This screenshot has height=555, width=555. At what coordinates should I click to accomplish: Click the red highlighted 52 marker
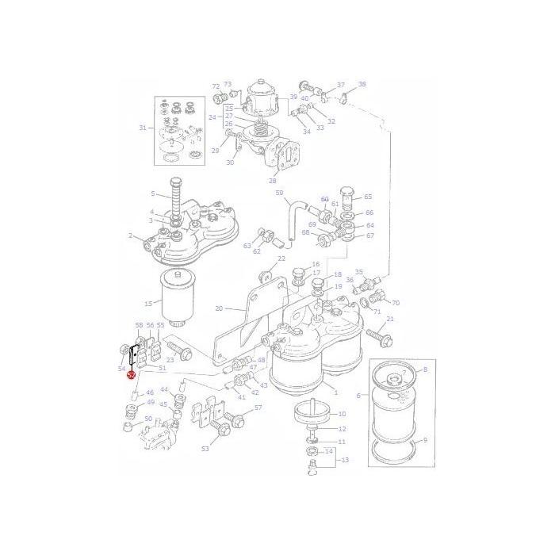click(131, 376)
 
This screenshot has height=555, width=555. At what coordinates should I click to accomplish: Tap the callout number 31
click(143, 128)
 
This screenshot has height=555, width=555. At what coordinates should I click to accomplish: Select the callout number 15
click(147, 303)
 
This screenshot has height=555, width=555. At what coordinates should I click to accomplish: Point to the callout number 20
click(219, 308)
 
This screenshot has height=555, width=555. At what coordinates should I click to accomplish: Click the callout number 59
click(278, 192)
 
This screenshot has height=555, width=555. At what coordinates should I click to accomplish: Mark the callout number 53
click(205, 449)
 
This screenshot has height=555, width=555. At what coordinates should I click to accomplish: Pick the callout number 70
click(396, 303)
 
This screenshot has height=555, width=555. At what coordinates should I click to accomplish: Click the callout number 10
click(342, 414)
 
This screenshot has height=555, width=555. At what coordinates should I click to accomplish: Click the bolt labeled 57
click(232, 415)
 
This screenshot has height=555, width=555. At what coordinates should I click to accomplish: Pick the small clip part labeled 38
click(344, 98)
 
